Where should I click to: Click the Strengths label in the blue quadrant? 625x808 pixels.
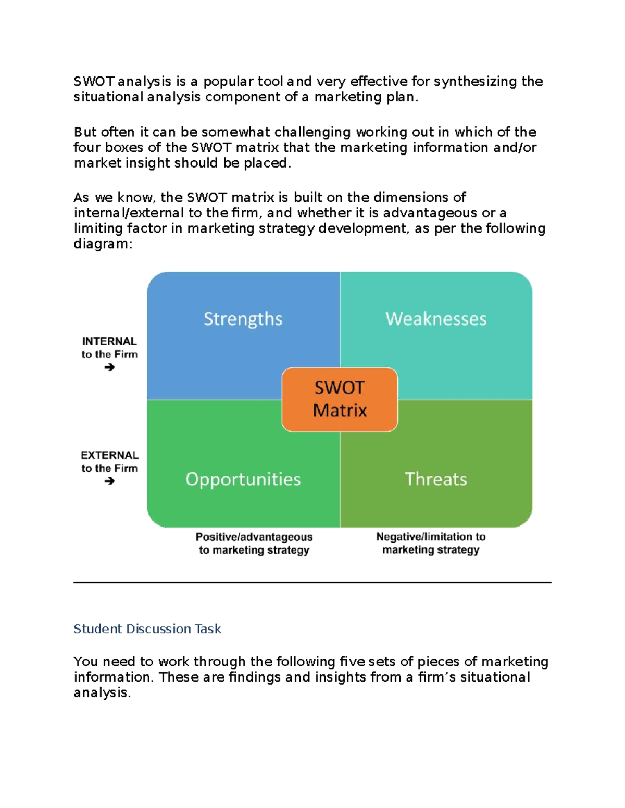point(243,319)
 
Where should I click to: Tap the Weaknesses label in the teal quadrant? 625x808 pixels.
point(436,319)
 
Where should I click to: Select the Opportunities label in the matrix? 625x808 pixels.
point(243,479)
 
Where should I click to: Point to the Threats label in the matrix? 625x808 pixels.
point(436,479)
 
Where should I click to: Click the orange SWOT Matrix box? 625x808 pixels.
point(340,400)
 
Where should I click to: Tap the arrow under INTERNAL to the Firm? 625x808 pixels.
point(109,368)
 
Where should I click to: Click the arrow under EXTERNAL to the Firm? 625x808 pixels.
point(109,481)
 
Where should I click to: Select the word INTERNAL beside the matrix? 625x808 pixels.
point(109,341)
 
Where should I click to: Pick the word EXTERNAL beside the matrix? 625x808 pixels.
point(109,455)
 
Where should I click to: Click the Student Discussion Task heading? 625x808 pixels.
point(147,629)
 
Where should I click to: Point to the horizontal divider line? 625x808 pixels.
point(312,583)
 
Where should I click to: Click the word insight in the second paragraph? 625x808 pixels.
point(148,163)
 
